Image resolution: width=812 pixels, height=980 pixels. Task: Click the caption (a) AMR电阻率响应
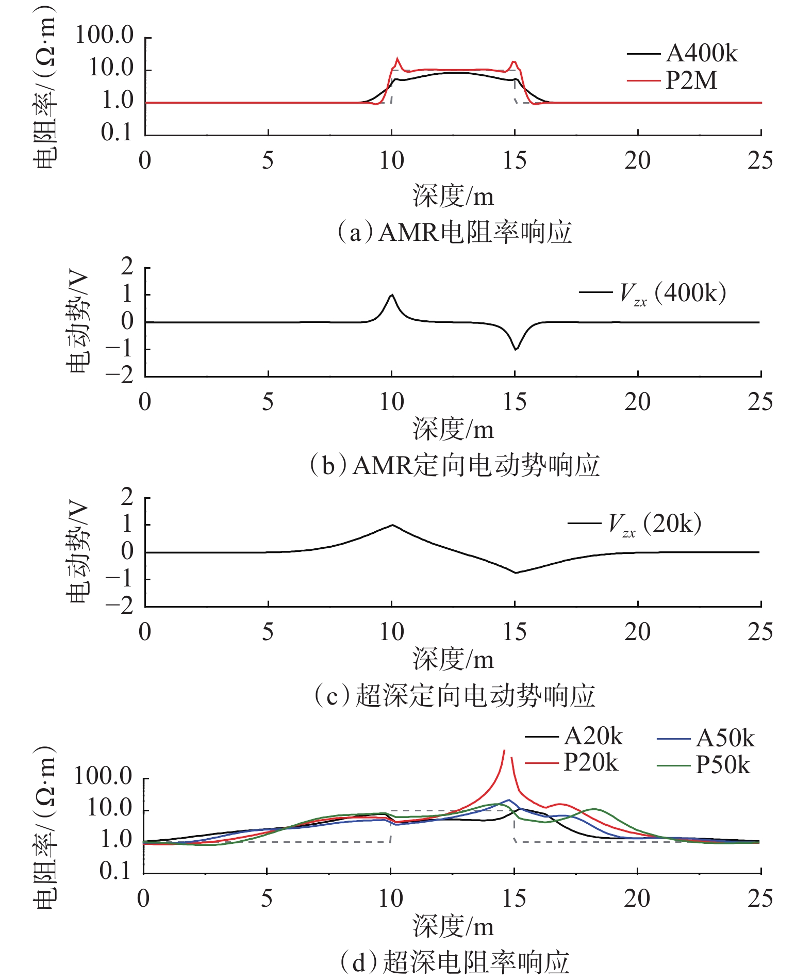(x=454, y=233)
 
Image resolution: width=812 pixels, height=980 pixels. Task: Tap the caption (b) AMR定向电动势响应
(x=454, y=465)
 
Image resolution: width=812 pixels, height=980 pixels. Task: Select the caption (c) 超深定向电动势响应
(x=454, y=695)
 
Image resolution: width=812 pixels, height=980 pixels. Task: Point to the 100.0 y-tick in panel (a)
(x=105, y=35)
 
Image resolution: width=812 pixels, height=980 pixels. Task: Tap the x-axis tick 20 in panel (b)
(x=637, y=402)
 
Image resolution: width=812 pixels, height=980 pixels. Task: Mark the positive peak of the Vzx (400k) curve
(x=392, y=295)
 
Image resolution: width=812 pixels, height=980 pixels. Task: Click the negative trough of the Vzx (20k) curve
(x=516, y=573)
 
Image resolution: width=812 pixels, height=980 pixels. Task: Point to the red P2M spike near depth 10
(x=397, y=59)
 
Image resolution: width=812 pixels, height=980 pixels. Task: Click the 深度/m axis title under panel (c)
(x=453, y=660)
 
